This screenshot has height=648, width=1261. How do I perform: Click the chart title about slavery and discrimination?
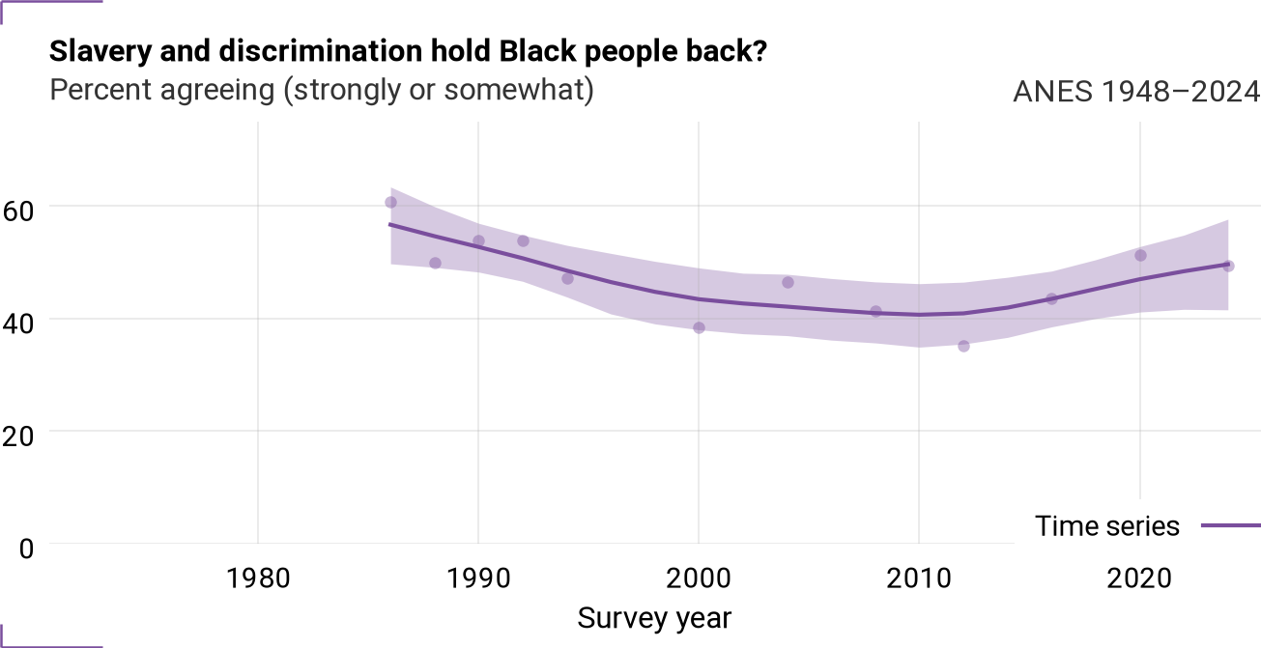point(408,52)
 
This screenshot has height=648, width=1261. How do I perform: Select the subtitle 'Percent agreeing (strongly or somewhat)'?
point(322,90)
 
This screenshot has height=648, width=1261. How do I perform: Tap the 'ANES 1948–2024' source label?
point(1136,91)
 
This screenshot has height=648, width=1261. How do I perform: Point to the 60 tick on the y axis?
point(17,211)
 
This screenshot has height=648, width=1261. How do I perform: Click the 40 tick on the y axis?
point(17,324)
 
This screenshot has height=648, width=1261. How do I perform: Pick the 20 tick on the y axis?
point(17,437)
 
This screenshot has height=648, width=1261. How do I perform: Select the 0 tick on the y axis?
point(26,549)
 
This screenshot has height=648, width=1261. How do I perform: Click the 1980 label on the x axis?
point(258,578)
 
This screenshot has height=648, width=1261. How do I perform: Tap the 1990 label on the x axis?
point(478,578)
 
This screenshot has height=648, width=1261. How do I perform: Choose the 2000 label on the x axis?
point(699,578)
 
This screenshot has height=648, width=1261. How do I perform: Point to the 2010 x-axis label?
point(919,578)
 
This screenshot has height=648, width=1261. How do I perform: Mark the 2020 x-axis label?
point(1139,578)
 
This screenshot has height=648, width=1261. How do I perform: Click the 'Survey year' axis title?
point(654,618)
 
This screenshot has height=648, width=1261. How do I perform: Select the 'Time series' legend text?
point(1106,526)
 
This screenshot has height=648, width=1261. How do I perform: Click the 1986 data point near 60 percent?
point(390,203)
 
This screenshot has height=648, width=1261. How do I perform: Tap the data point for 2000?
point(700,327)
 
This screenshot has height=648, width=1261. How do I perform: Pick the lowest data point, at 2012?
point(963,346)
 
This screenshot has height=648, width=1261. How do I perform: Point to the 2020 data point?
point(1140,255)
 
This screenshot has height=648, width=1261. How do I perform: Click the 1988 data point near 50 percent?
point(435,263)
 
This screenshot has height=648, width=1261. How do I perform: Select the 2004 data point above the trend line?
point(788,282)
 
